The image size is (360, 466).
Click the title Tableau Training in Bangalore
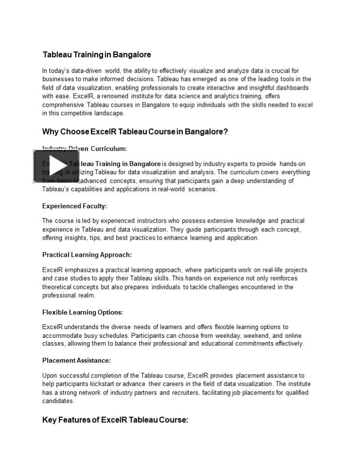tap(97, 54)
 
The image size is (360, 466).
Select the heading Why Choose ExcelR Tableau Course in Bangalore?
tap(135, 132)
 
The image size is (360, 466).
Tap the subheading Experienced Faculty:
tap(74, 206)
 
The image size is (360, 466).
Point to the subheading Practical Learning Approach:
tap(87, 254)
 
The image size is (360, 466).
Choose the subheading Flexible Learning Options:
tap(83, 312)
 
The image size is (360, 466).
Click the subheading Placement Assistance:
tap(76, 360)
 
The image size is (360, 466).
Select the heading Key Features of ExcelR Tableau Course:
tap(115, 420)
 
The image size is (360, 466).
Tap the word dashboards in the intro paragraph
tap(291, 88)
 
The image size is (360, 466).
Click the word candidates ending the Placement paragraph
tap(58, 401)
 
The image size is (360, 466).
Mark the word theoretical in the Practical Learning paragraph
tap(58, 287)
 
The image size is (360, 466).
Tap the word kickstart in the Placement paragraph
tap(111, 384)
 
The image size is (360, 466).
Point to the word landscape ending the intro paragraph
tap(110, 113)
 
